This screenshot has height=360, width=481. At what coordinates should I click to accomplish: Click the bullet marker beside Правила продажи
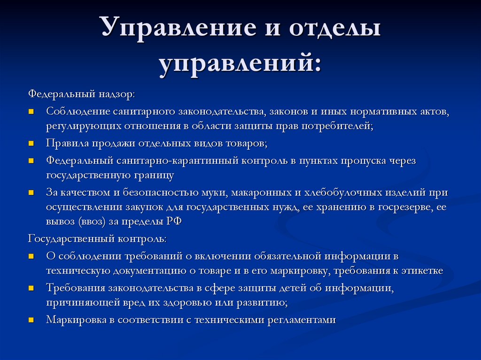(31, 143)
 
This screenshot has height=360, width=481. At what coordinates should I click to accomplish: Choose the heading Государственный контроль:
(97, 238)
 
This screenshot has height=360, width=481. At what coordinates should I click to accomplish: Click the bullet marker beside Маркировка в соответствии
(31, 320)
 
